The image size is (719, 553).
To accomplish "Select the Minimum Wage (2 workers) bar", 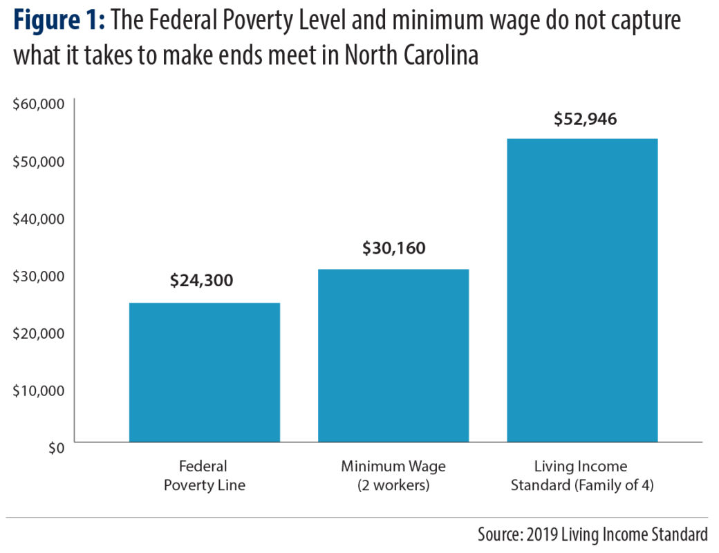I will tap(393, 355).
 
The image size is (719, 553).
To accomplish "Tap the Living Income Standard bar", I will tap(582, 290).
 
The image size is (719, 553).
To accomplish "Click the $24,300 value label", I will tap(202, 281).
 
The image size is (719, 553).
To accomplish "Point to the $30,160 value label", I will tap(393, 247).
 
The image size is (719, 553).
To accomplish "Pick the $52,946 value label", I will tap(585, 119).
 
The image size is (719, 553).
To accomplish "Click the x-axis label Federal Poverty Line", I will tap(204, 476).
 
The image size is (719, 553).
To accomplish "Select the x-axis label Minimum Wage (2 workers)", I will tap(393, 476).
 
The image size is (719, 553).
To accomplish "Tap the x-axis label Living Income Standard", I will tap(582, 476).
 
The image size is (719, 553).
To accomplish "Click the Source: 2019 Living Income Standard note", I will tap(592, 534).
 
